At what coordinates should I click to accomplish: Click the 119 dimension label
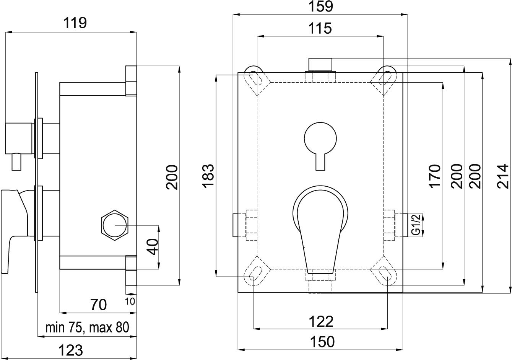click(75, 23)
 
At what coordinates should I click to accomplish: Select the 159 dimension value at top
click(320, 7)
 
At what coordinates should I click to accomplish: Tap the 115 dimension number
click(320, 28)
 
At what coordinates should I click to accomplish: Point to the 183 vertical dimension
click(208, 176)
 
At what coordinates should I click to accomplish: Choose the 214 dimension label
click(503, 176)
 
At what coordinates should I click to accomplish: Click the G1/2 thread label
click(416, 225)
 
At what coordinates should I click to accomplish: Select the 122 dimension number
click(321, 321)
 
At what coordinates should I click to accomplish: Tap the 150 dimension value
click(322, 342)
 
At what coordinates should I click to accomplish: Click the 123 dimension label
click(71, 350)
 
